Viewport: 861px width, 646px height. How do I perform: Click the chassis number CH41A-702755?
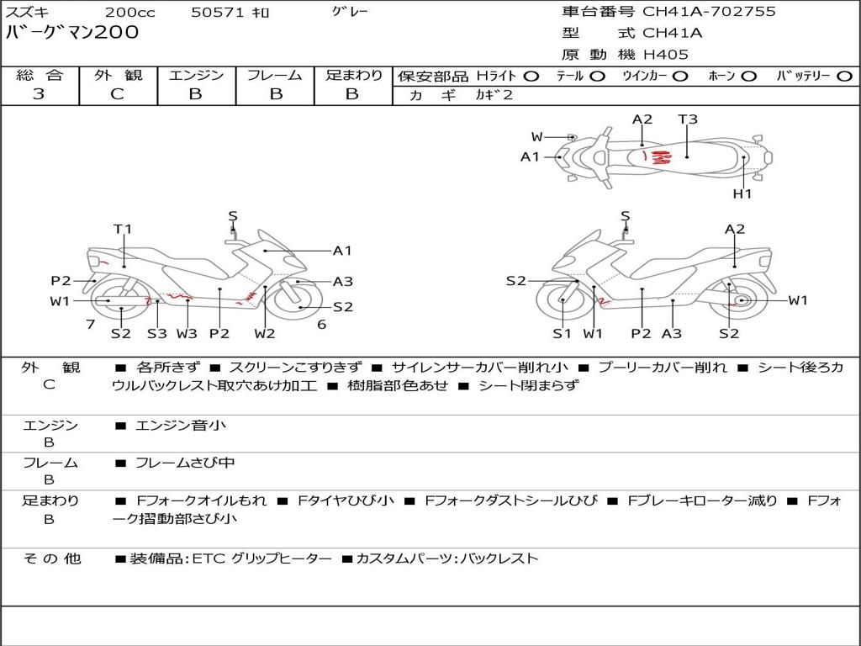click(x=709, y=12)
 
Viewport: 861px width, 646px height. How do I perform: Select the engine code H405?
click(x=666, y=55)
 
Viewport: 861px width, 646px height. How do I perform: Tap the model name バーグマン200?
click(x=72, y=33)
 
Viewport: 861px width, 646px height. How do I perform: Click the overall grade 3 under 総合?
click(x=39, y=94)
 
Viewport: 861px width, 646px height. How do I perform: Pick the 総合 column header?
click(x=40, y=75)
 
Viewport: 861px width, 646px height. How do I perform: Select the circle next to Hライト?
click(x=531, y=77)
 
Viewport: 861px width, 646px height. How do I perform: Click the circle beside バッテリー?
click(x=844, y=77)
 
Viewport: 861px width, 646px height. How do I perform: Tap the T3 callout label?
click(x=688, y=119)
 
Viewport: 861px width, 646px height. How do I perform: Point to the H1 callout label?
click(x=742, y=193)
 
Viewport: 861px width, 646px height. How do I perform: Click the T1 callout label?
click(x=123, y=229)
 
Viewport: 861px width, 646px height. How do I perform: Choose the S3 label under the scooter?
click(x=157, y=333)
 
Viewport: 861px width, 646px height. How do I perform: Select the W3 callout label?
click(x=187, y=333)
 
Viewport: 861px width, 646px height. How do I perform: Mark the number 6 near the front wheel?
click(x=322, y=325)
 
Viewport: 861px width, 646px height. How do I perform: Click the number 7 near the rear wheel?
click(x=91, y=325)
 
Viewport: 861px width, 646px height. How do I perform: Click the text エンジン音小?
click(x=181, y=425)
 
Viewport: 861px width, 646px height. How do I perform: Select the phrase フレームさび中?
click(x=185, y=463)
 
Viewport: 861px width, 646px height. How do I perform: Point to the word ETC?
click(x=209, y=559)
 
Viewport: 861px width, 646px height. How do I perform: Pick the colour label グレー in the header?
click(x=350, y=12)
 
